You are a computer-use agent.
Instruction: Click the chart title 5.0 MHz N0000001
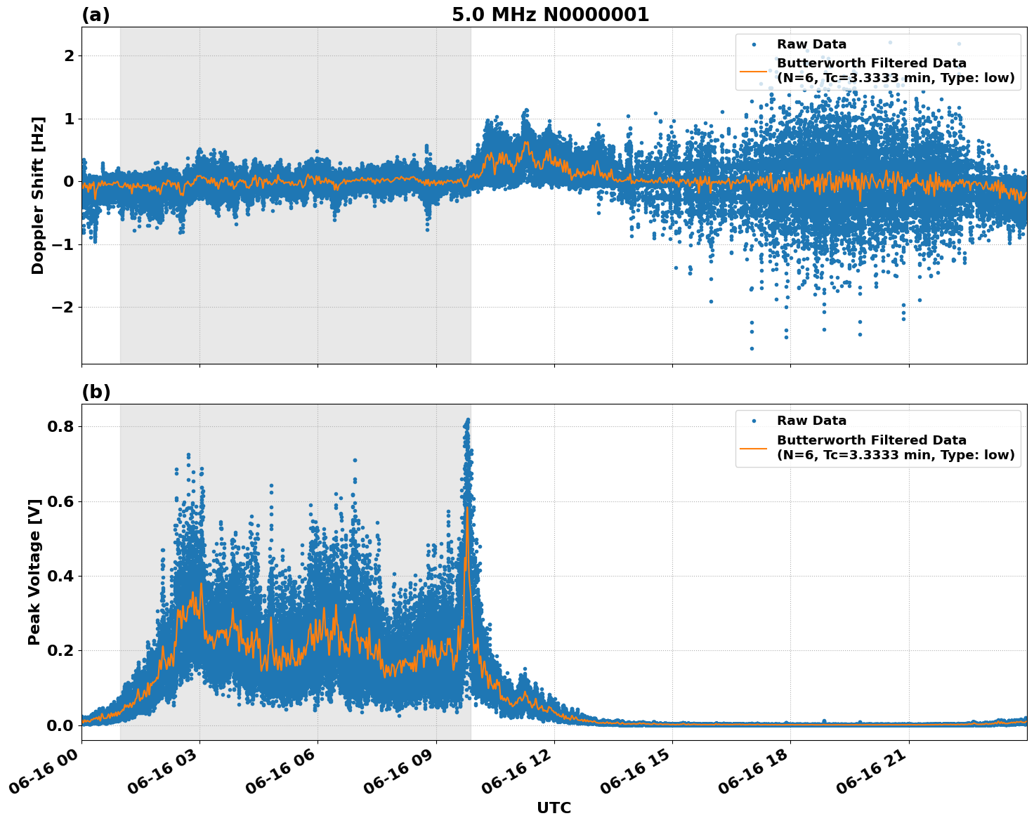click(x=550, y=15)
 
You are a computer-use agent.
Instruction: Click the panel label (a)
click(x=96, y=15)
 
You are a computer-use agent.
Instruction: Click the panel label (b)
click(x=96, y=392)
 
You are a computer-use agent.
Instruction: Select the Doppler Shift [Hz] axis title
click(x=38, y=195)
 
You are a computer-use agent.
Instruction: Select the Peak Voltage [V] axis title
click(x=34, y=572)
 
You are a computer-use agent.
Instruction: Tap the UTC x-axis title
click(x=554, y=808)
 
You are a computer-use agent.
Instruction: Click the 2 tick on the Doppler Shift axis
click(x=69, y=55)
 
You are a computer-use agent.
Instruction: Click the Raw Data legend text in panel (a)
click(x=811, y=45)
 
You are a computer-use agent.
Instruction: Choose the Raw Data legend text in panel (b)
click(x=811, y=421)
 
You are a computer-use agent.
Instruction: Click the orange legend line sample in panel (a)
click(x=754, y=71)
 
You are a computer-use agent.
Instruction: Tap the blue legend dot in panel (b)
click(x=754, y=421)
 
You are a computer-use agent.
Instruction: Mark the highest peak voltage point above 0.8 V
click(x=468, y=420)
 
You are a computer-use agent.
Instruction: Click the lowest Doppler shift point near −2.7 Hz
click(x=751, y=348)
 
